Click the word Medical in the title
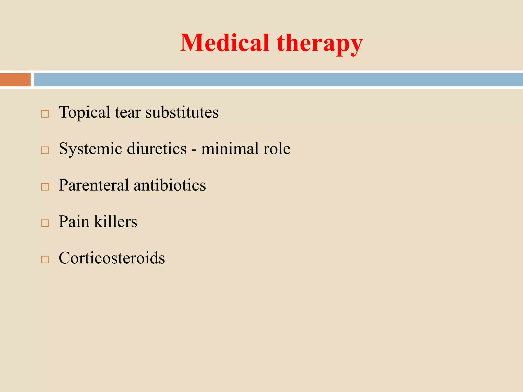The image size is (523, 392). pyautogui.click(x=225, y=43)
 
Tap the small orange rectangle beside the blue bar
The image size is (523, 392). pyautogui.click(x=15, y=80)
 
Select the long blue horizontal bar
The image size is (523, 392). pyautogui.click(x=278, y=80)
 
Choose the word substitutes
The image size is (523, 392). pyautogui.click(x=182, y=113)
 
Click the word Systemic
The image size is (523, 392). pyautogui.click(x=90, y=149)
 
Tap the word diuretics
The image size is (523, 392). pyautogui.click(x=157, y=149)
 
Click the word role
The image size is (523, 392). pyautogui.click(x=277, y=149)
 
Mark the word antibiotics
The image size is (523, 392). pyautogui.click(x=170, y=185)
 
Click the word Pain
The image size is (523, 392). pyautogui.click(x=74, y=222)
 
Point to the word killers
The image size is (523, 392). pyautogui.click(x=116, y=222)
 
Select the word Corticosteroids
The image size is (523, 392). pyautogui.click(x=112, y=258)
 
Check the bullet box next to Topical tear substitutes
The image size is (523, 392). pyautogui.click(x=45, y=114)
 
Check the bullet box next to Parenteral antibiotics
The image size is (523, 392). pyautogui.click(x=45, y=187)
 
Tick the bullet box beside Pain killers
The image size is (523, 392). pyautogui.click(x=45, y=223)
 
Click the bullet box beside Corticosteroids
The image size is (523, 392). pyautogui.click(x=45, y=260)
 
